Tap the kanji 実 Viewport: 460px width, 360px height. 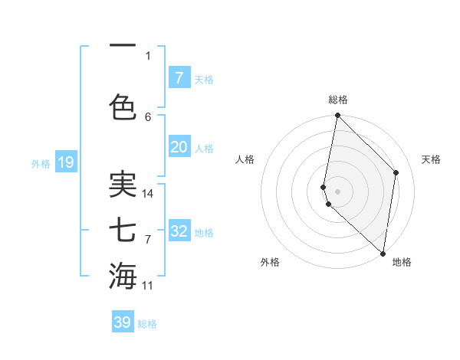(x=123, y=185)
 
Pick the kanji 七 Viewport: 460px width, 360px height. (x=123, y=230)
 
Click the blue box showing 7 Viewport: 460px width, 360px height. (x=179, y=78)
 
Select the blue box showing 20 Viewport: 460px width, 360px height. (x=179, y=148)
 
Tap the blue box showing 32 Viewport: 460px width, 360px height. (x=179, y=231)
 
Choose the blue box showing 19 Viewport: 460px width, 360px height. (x=65, y=162)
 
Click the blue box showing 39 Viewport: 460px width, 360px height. (x=123, y=322)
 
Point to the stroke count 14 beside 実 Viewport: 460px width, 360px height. (x=148, y=194)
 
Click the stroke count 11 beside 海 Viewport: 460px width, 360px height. (x=148, y=286)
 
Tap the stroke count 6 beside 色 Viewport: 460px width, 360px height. (x=148, y=116)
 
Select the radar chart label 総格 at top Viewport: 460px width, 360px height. (x=338, y=100)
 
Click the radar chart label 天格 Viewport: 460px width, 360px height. (x=431, y=159)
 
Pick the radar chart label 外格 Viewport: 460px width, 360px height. (x=269, y=262)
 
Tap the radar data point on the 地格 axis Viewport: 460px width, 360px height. (x=383, y=254)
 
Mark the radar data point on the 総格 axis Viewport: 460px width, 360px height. (x=337, y=116)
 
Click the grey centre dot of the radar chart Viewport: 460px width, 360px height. (x=338, y=191)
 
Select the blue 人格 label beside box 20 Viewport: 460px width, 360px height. (x=204, y=148)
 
